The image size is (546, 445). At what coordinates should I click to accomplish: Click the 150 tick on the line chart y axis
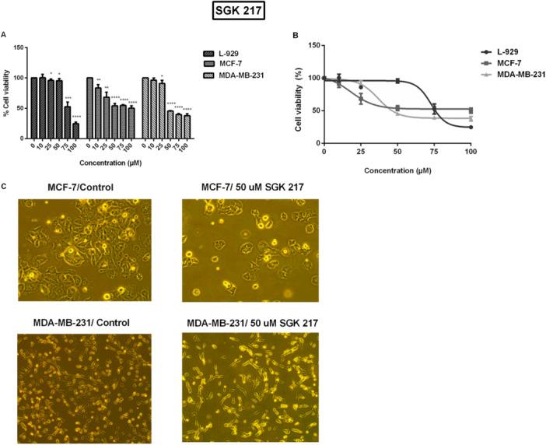tap(316, 45)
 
